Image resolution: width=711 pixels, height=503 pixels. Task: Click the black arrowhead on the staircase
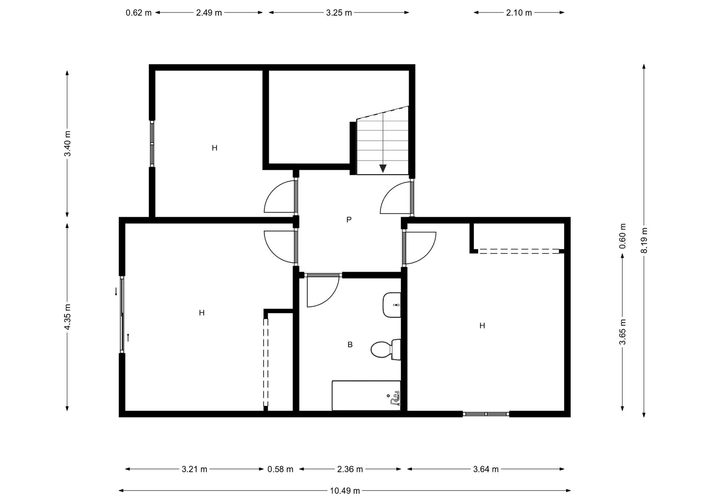(x=383, y=169)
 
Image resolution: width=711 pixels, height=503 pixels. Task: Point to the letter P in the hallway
(x=349, y=220)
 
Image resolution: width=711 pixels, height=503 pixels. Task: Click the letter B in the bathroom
(x=350, y=344)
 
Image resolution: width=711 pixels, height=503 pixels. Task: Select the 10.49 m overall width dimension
(x=345, y=491)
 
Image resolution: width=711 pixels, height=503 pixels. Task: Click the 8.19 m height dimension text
(x=644, y=240)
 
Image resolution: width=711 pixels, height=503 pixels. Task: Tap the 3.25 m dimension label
(x=339, y=13)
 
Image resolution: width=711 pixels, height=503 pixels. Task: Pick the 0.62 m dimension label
(x=138, y=13)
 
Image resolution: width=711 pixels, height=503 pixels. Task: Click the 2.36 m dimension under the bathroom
(x=350, y=469)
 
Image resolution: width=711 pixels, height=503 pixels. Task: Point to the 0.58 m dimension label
(x=280, y=469)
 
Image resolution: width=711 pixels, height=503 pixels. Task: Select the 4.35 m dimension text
(x=67, y=317)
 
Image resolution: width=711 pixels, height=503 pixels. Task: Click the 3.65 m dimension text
(x=622, y=332)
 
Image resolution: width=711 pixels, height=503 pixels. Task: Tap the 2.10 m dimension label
(x=519, y=13)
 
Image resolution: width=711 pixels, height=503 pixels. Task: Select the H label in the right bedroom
(x=482, y=326)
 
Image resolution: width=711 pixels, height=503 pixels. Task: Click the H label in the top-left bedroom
(x=214, y=148)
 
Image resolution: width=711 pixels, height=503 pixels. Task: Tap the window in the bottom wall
(x=486, y=414)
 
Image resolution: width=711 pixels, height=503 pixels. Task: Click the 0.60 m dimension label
(x=622, y=236)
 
